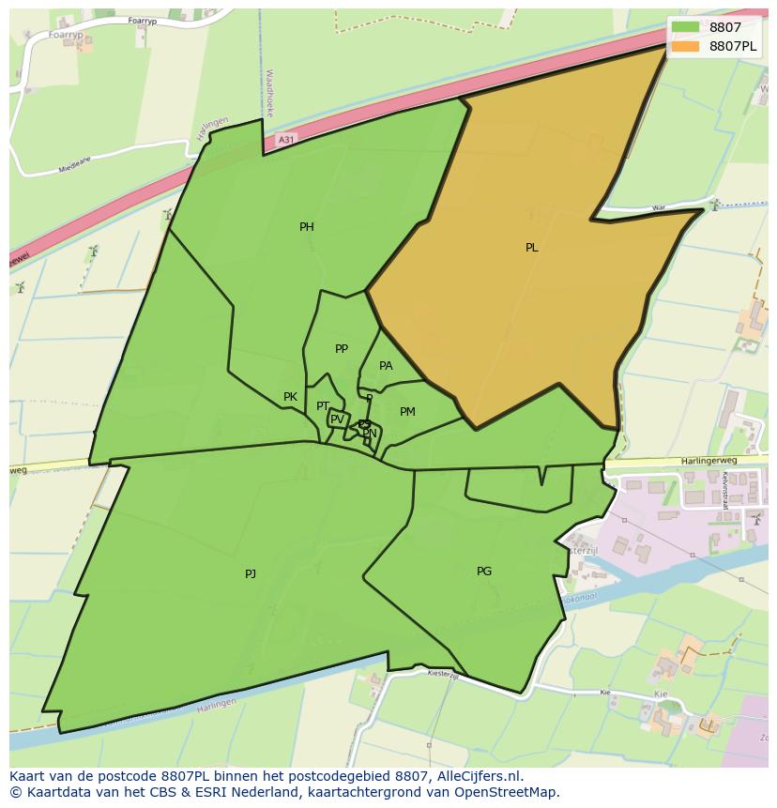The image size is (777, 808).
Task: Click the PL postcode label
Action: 531,248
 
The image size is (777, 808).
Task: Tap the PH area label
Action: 307,227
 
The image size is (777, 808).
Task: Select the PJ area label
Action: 251,573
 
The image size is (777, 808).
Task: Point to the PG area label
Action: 484,571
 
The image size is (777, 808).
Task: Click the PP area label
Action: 342,349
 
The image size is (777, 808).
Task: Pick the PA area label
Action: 386,366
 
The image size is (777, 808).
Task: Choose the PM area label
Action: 407,412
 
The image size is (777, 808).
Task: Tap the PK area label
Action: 290,397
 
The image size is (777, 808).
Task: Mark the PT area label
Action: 323,406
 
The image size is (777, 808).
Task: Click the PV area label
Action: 337,419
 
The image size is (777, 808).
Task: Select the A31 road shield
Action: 286,140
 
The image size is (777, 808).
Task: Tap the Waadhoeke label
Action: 269,92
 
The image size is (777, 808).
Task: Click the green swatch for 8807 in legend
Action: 686,27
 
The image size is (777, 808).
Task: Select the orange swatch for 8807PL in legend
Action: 686,46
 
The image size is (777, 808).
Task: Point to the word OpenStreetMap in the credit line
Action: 512,792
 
